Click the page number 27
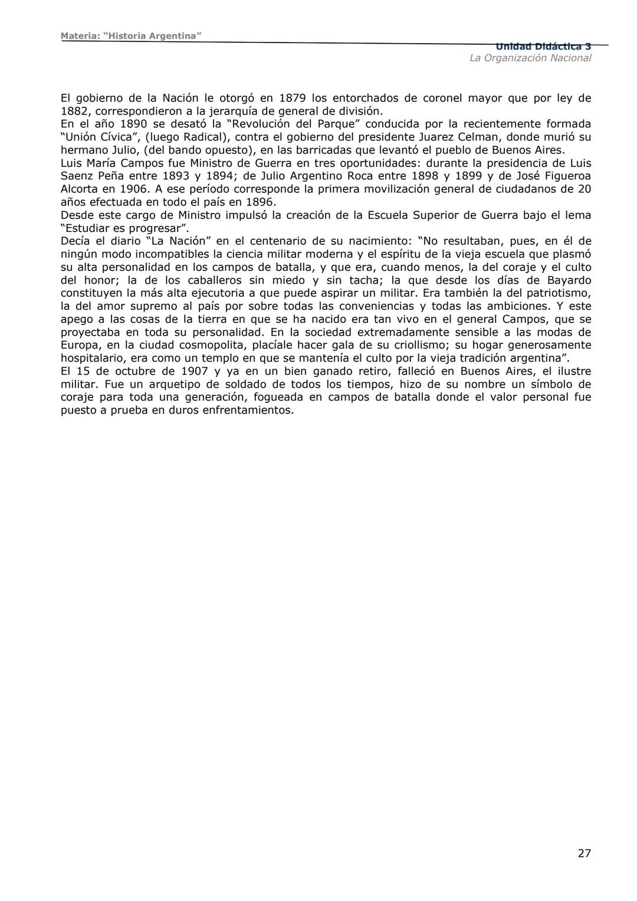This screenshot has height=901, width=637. pyautogui.click(x=584, y=853)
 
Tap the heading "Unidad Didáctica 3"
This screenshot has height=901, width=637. pyautogui.click(x=543, y=47)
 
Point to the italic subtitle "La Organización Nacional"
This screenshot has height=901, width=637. pyautogui.click(x=530, y=58)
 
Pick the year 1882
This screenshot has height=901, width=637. pyautogui.click(x=74, y=111)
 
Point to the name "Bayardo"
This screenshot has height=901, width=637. pyautogui.click(x=565, y=280)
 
